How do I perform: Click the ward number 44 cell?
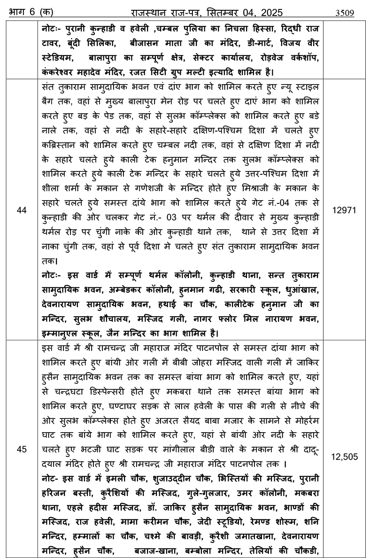(22, 211)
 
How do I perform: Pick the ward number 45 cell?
(22, 449)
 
